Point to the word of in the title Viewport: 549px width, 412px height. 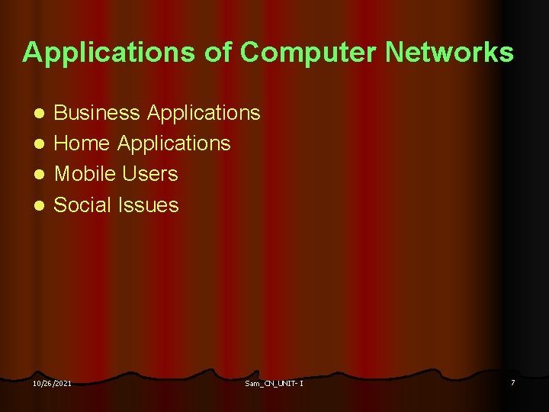click(x=218, y=53)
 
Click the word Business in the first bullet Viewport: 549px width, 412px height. click(x=97, y=114)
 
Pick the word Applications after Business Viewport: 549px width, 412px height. click(x=204, y=114)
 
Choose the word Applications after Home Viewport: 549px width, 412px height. click(x=174, y=144)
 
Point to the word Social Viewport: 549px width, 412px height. click(x=84, y=204)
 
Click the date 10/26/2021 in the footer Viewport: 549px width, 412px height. click(x=52, y=383)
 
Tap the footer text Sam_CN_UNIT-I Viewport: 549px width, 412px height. click(x=274, y=383)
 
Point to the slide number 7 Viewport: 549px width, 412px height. click(x=512, y=381)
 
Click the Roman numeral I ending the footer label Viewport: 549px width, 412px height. click(x=301, y=383)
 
